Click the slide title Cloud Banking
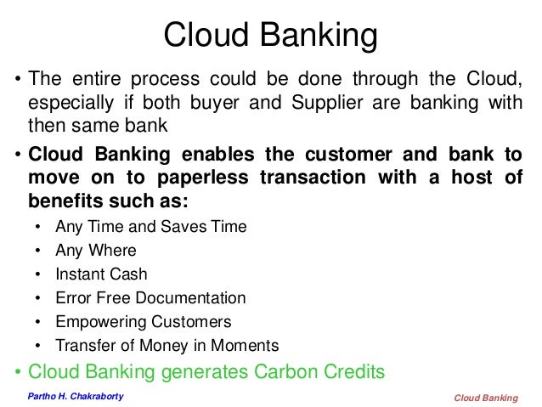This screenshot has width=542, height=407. [x=269, y=36]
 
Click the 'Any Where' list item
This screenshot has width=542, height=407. [x=94, y=252]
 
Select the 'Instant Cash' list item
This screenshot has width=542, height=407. [x=101, y=275]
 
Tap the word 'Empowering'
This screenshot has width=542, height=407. [x=95, y=322]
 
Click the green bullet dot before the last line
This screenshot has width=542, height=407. [x=17, y=370]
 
